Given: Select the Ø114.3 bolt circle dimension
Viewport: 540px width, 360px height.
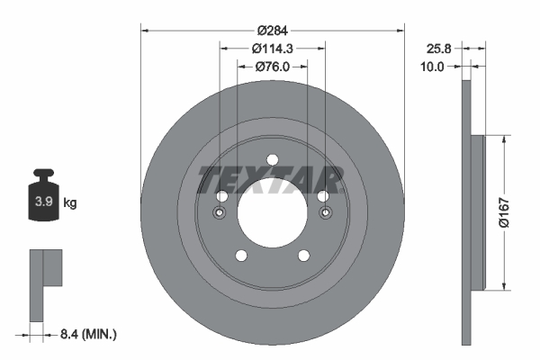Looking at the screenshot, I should pos(272,47).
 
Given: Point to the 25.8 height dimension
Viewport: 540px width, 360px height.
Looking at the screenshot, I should pos(438,48).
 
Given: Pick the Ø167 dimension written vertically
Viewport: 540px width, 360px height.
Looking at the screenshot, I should pos(520,213).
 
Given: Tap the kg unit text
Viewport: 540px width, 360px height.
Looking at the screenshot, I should pos(70,203).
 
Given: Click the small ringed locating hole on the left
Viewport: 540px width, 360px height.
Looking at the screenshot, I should pos(219,213).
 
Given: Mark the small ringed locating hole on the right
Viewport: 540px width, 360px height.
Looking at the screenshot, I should pos(325,213).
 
